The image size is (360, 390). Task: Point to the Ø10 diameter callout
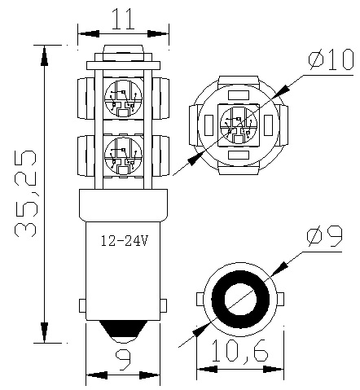(x=329, y=60)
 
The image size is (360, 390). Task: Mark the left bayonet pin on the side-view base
(x=81, y=306)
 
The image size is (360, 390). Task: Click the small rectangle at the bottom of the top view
(x=237, y=154)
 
